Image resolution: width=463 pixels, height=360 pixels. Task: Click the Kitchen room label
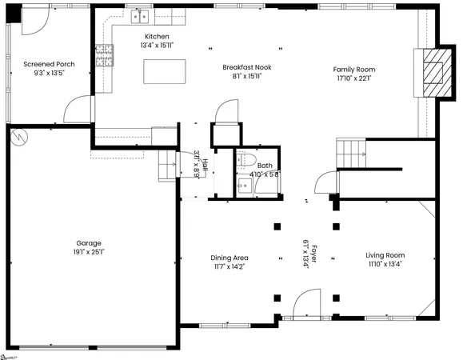point(157,38)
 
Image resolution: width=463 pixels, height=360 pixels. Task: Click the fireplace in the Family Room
point(432,74)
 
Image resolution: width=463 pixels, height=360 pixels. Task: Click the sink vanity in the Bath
point(246,186)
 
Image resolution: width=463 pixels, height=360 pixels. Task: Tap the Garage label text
point(90,243)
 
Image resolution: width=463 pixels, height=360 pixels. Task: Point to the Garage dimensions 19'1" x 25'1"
point(90,252)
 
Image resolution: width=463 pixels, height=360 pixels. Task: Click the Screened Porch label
point(49,64)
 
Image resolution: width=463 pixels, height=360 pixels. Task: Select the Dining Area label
point(230,258)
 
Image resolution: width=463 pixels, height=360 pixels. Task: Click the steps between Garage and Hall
point(166,165)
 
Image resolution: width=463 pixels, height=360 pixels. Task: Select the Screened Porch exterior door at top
point(33,18)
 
